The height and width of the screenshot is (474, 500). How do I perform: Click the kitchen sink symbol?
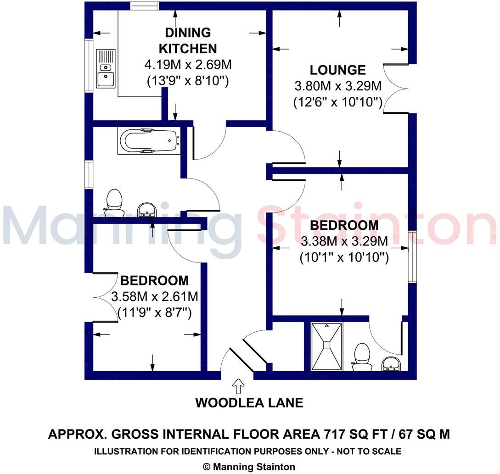[x=106, y=69]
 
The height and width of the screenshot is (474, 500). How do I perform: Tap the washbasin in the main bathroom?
[x=147, y=209]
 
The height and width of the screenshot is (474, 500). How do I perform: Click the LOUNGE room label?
[x=337, y=70]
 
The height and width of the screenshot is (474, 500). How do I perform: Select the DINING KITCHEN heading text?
[x=188, y=40]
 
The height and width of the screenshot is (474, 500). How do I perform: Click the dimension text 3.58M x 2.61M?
[x=154, y=296]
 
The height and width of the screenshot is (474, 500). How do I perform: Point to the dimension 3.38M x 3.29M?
[x=344, y=241]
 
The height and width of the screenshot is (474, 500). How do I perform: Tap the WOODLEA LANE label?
[x=249, y=403]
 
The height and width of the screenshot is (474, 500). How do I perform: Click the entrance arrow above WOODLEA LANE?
[x=238, y=386]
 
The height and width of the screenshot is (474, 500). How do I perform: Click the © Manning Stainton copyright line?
[x=249, y=467]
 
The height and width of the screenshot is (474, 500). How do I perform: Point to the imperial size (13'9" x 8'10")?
[x=188, y=81]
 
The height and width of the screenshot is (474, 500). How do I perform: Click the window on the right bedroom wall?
[x=412, y=257]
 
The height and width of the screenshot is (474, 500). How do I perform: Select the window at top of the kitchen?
[x=145, y=6]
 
